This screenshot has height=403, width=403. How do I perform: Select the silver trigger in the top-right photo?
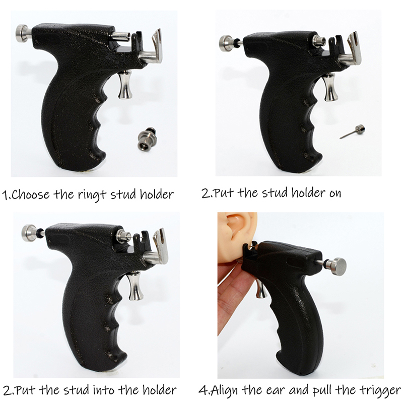tap(330, 87)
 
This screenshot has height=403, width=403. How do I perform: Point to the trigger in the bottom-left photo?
tap(136, 286)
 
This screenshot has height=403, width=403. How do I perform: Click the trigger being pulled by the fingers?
tap(261, 289)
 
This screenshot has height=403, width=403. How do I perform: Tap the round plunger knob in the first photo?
tap(23, 33)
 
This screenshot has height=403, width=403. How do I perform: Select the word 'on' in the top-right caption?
tap(335, 193)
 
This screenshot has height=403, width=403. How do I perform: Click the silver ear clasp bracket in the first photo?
tap(152, 49)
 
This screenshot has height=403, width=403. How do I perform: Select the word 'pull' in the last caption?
tap(322, 391)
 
